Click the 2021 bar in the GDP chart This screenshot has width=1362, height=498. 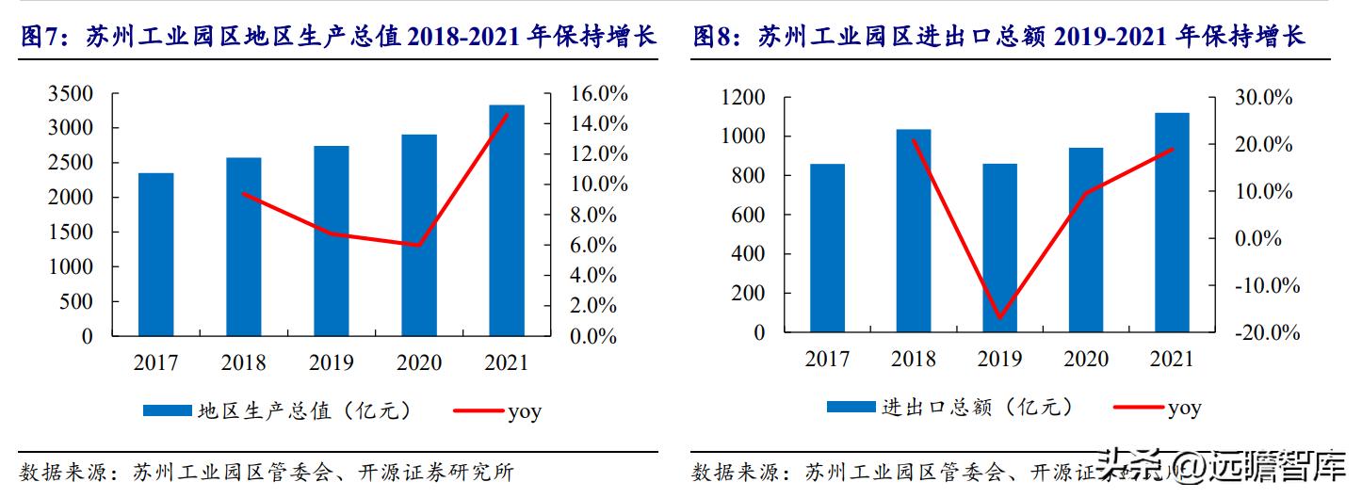click(x=507, y=220)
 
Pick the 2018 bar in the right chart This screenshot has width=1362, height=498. click(x=913, y=231)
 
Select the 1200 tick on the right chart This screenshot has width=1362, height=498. click(x=743, y=98)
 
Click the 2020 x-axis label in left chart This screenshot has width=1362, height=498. click(x=419, y=362)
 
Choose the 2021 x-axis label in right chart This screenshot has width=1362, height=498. click(x=1171, y=359)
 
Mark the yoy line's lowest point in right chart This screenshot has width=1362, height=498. click(x=999, y=318)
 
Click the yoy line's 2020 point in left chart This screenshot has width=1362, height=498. click(x=419, y=245)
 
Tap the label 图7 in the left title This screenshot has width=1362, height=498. click(x=39, y=38)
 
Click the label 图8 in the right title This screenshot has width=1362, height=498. click(x=713, y=38)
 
